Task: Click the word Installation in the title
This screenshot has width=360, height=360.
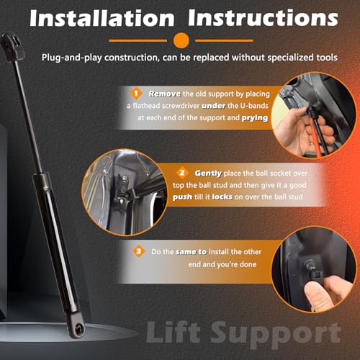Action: [102, 18]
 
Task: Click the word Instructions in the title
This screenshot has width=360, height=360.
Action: [263, 18]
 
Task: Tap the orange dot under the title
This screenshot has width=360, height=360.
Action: [181, 40]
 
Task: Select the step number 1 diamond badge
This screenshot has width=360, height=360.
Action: [136, 94]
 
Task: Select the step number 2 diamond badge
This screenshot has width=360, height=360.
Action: [182, 173]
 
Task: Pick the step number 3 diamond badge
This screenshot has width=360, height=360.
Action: [139, 251]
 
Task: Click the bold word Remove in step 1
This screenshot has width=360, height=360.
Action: [164, 94]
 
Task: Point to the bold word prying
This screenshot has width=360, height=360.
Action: [255, 118]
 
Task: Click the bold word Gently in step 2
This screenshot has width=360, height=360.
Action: [208, 174]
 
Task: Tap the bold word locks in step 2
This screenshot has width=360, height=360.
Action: [222, 197]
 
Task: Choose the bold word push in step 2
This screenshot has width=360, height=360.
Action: [182, 197]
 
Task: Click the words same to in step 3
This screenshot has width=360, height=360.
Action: [191, 252]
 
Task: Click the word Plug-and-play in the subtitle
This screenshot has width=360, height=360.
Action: [72, 58]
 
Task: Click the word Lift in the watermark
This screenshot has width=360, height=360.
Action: [174, 333]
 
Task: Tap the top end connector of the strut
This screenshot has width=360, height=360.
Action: [12, 48]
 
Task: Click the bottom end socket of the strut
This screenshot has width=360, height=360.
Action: [76, 325]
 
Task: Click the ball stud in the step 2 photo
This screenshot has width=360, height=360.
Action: [125, 179]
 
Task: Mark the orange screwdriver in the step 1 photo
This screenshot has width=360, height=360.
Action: [315, 137]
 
